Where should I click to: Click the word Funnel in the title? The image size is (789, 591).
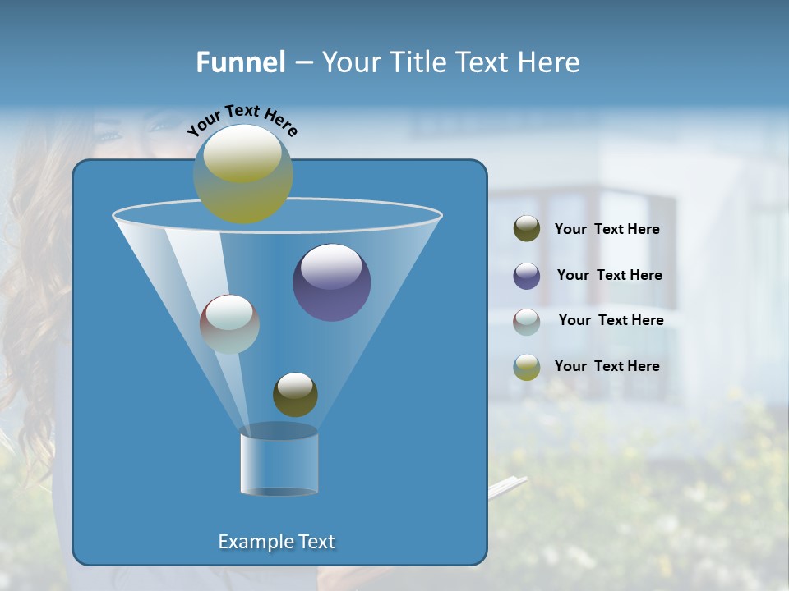[241, 62]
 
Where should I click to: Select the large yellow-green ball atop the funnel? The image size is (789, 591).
[243, 173]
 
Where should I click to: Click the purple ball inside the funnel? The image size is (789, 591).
[331, 282]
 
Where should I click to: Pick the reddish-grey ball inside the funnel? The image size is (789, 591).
[229, 324]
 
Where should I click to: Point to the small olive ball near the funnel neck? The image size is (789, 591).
[295, 394]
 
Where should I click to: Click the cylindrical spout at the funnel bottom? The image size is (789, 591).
[279, 462]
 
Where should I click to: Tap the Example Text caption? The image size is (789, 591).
[276, 542]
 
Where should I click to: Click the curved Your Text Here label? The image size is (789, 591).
[242, 119]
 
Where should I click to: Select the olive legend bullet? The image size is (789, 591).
[527, 229]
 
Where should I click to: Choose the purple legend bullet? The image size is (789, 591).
[527, 276]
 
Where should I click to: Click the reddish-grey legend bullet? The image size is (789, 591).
[527, 322]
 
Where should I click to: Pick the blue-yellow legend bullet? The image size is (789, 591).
[527, 367]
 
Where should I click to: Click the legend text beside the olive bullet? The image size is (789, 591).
[607, 229]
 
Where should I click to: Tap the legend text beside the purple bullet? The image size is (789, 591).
[609, 275]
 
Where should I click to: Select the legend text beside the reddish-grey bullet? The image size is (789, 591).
[611, 320]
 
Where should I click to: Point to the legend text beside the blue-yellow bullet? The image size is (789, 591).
[607, 366]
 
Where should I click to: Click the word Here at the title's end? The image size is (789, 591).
[550, 62]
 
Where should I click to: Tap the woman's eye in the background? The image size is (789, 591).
[110, 134]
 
